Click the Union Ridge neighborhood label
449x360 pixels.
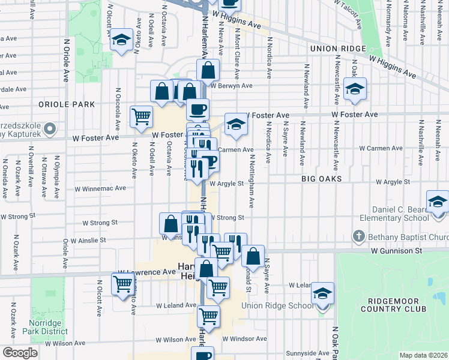pos(338,49)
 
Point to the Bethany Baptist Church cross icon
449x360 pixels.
pos(358,235)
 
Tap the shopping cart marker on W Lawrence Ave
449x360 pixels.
pos(123,283)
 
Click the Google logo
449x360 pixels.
pos(20,353)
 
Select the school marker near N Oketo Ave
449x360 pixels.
pos(122,41)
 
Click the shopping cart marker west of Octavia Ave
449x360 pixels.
pos(142,116)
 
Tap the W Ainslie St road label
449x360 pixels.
pos(88,240)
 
